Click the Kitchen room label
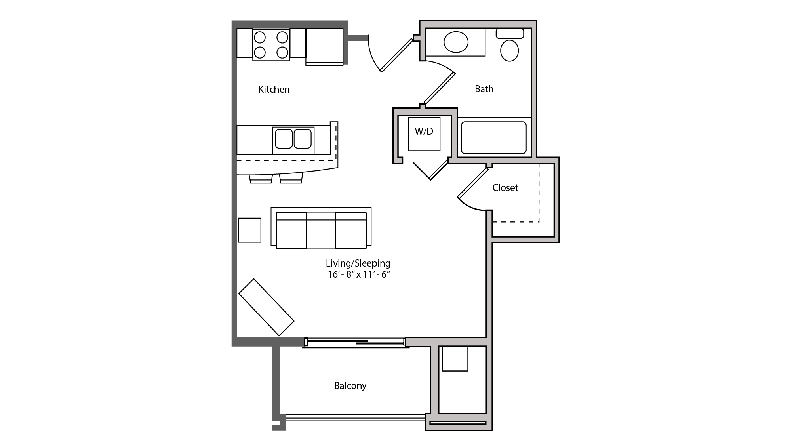(x=274, y=90)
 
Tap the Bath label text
(x=484, y=89)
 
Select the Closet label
(x=505, y=188)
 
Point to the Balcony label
(x=350, y=386)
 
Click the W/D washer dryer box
(x=424, y=134)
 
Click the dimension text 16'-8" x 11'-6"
(x=359, y=274)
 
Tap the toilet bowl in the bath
(x=509, y=51)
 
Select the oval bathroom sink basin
(x=456, y=42)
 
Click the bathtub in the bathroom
(x=493, y=137)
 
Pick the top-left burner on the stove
(x=260, y=38)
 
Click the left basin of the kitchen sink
(x=284, y=139)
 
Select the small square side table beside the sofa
(x=249, y=230)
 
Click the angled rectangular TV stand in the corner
(x=266, y=307)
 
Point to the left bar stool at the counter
(x=261, y=179)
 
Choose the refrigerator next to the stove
(x=324, y=46)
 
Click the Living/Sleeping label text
(x=358, y=263)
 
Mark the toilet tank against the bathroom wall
(x=510, y=34)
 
